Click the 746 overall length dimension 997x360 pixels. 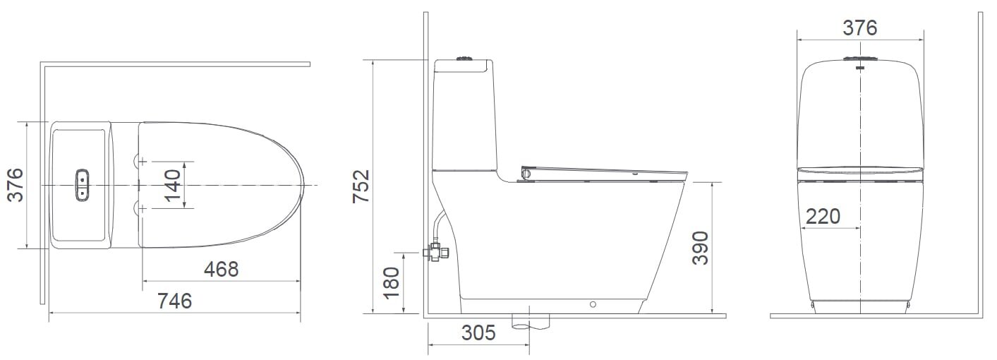(174, 301)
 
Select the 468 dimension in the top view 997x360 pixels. (221, 269)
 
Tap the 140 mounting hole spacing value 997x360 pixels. (173, 185)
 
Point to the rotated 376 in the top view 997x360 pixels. (15, 185)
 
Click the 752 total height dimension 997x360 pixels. (361, 186)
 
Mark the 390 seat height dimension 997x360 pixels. (700, 248)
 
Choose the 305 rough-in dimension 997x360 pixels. (478, 333)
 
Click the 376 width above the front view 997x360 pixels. (860, 28)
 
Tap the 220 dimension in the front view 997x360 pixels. (823, 216)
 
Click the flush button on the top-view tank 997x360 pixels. (83, 184)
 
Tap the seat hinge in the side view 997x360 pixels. (525, 172)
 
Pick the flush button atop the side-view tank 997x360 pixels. (464, 59)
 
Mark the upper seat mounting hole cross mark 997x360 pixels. (143, 161)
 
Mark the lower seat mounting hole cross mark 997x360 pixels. (143, 208)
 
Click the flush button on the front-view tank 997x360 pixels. (860, 59)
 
